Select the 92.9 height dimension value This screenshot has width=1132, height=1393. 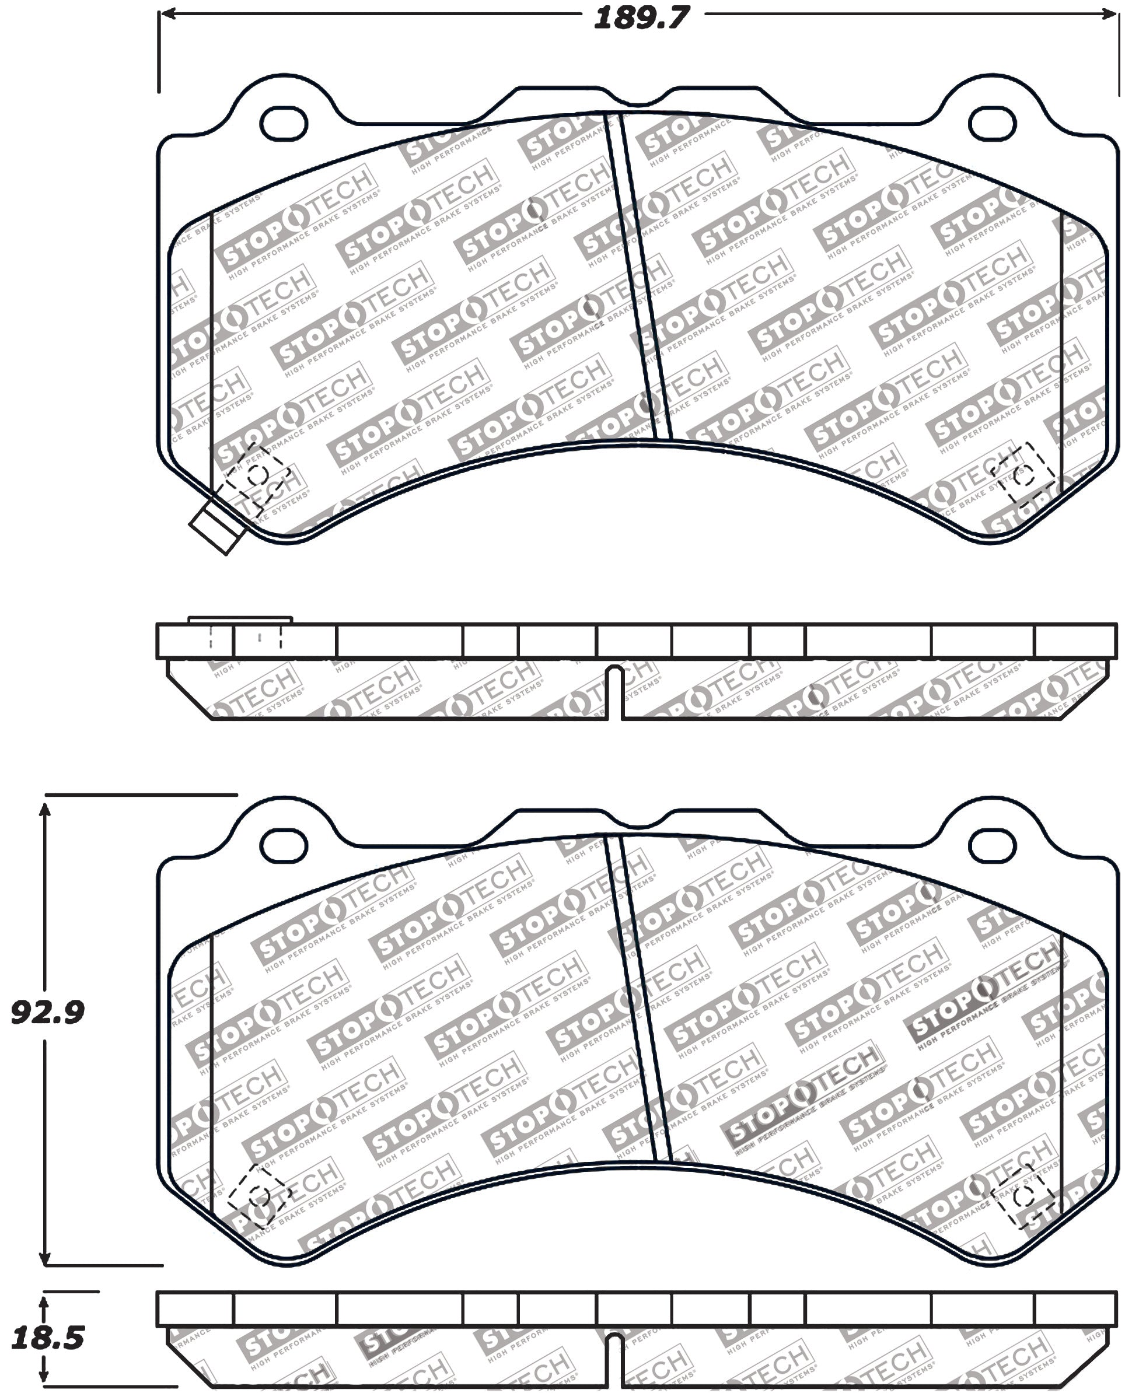pos(48,1012)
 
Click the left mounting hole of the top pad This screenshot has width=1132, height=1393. pos(284,123)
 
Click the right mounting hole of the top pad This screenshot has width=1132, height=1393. pos(993,123)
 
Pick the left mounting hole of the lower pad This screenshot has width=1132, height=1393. pos(284,846)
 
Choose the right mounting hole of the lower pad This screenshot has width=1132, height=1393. pos(993,846)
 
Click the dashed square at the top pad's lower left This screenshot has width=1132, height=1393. pos(257,475)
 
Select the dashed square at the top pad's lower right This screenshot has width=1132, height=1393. pos(1022,475)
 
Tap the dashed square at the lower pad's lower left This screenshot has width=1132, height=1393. pos(257,1195)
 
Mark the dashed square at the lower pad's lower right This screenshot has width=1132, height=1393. pos(1022,1195)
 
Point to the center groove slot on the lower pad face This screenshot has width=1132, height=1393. pos(638,998)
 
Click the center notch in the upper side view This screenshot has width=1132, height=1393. pos(615,691)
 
